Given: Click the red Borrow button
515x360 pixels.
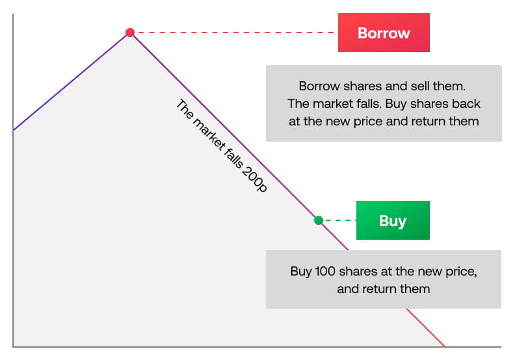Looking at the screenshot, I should coord(384,32).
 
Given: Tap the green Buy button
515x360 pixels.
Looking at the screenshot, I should coord(393,220).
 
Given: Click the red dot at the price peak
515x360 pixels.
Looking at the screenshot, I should coord(130,32).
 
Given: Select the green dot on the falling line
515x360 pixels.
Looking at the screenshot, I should coord(318,220).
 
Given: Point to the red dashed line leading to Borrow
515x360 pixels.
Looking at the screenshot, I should coord(234,32).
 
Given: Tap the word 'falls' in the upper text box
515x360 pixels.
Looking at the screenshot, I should coord(377,103).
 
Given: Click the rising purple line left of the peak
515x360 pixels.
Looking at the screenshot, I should coord(72,82).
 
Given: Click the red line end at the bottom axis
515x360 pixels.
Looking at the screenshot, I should coord(444,346).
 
